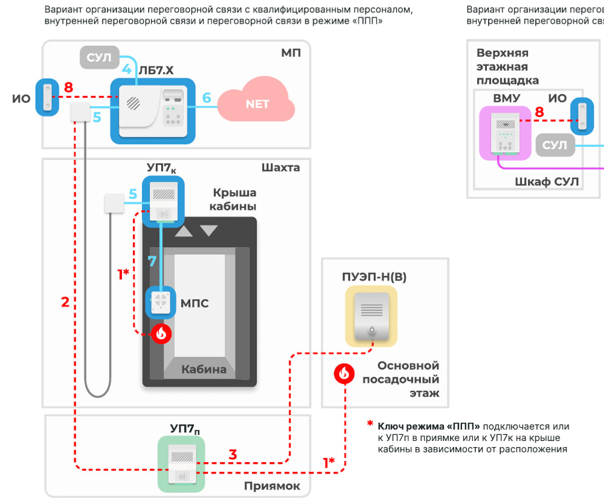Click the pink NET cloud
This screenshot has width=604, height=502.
(x=257, y=104)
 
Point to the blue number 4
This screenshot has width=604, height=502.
(x=126, y=68)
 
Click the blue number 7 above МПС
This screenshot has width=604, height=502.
(x=153, y=262)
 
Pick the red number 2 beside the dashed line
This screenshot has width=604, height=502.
(x=65, y=301)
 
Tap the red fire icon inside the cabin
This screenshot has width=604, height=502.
(x=161, y=333)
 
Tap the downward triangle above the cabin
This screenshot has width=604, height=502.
(x=208, y=230)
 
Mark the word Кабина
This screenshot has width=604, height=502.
(x=204, y=368)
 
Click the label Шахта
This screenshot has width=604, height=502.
(x=281, y=167)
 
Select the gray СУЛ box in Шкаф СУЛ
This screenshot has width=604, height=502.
(x=554, y=146)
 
